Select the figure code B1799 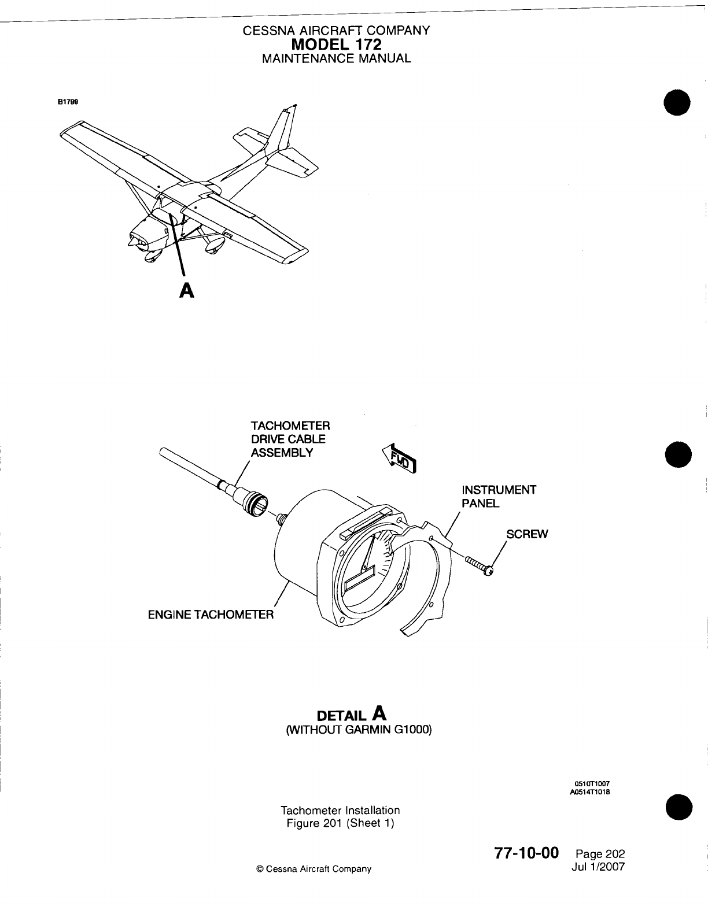pyautogui.click(x=68, y=101)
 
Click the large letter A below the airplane pyautogui.click(x=186, y=291)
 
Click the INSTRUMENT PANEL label pyautogui.click(x=498, y=496)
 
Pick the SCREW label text pyautogui.click(x=526, y=534)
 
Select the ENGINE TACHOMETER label pyautogui.click(x=211, y=614)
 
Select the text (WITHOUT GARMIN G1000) pyautogui.click(x=359, y=729)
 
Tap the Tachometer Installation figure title pyautogui.click(x=340, y=810)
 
